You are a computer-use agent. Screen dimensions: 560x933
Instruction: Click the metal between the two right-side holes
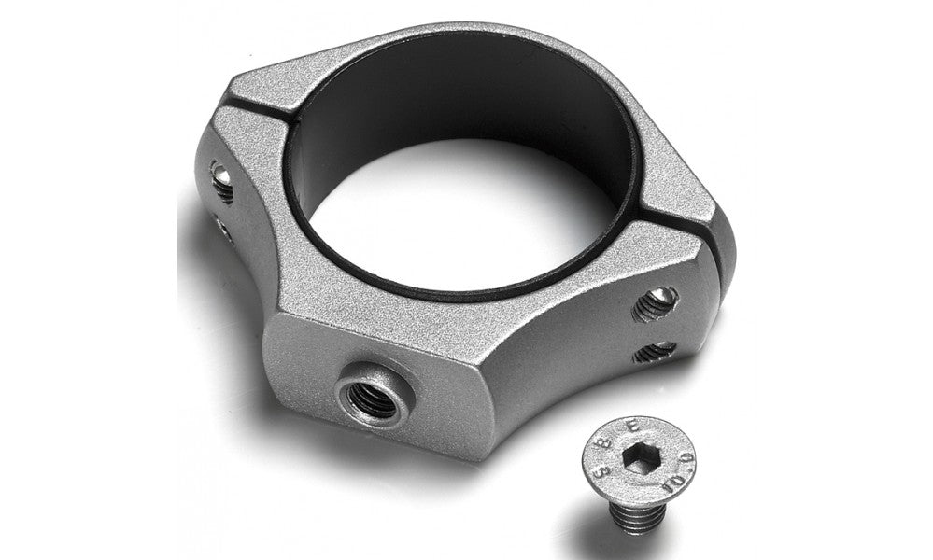click(657, 329)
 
